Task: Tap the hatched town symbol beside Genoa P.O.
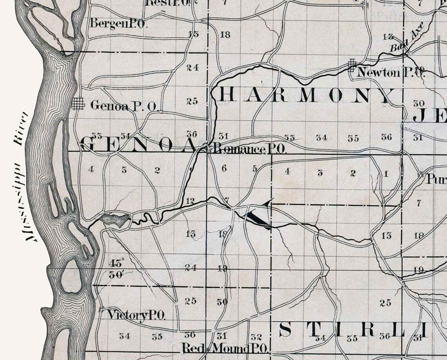pyautogui.click(x=78, y=104)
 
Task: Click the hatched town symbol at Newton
pyautogui.click(x=352, y=65)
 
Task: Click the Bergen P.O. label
pyautogui.click(x=118, y=24)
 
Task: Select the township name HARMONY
pyautogui.click(x=306, y=95)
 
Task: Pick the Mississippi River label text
pyautogui.click(x=23, y=176)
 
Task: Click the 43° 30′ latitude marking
pyautogui.click(x=116, y=268)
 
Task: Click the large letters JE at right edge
pyautogui.click(x=429, y=116)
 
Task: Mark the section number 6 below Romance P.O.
pyautogui.click(x=224, y=168)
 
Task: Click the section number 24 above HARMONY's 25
pyautogui.click(x=193, y=68)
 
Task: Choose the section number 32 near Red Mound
pyautogui.click(x=256, y=337)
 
